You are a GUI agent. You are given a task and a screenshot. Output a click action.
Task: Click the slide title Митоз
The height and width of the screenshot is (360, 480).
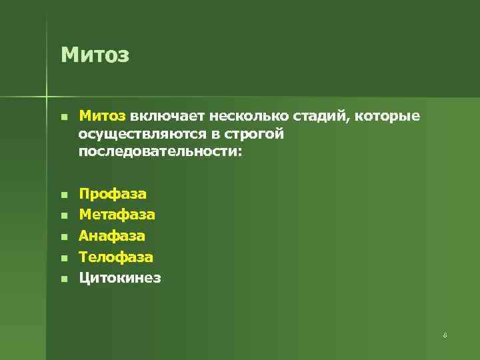coord(95,54)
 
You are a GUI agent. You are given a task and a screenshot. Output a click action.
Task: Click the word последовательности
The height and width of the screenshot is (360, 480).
coord(159,152)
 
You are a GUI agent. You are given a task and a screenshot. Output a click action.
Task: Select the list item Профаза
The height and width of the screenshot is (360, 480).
coord(113,194)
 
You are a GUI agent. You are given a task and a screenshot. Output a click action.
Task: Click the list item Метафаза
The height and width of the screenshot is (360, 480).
coord(117,215)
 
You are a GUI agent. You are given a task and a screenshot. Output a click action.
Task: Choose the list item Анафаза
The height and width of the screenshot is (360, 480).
coord(112,235)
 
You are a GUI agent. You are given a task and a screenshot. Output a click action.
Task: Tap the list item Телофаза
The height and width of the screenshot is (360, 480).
coord(116,257)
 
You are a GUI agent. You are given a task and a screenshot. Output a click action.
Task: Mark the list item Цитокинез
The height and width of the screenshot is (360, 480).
coord(120,277)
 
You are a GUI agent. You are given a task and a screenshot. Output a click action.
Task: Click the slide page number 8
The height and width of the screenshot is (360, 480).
coord(445,335)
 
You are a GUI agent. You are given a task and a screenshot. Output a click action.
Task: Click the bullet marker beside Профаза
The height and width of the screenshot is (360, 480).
coord(63,195)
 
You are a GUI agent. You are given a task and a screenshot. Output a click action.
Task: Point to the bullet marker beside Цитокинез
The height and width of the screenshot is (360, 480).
coord(63,279)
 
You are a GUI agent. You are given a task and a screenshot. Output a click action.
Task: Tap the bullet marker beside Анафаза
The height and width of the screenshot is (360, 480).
coord(63,237)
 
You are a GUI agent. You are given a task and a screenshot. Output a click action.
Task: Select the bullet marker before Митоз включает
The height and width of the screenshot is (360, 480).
coord(63,117)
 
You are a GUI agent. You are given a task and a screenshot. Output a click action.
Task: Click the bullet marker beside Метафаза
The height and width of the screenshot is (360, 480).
coord(63,216)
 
